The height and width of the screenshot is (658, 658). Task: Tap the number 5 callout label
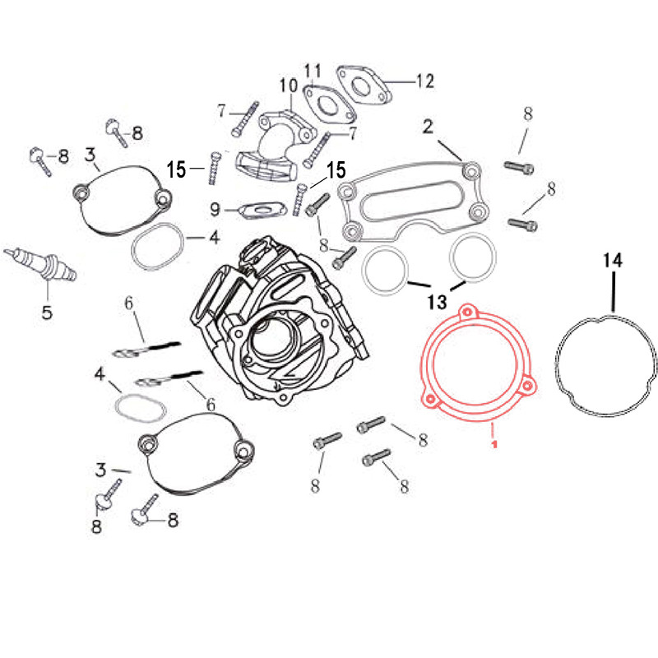(47, 312)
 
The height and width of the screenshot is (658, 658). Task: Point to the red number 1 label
(494, 444)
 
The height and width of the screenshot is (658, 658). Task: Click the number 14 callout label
(613, 261)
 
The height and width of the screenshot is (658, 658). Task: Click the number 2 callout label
(428, 126)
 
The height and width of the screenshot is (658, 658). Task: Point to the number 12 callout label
(424, 81)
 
